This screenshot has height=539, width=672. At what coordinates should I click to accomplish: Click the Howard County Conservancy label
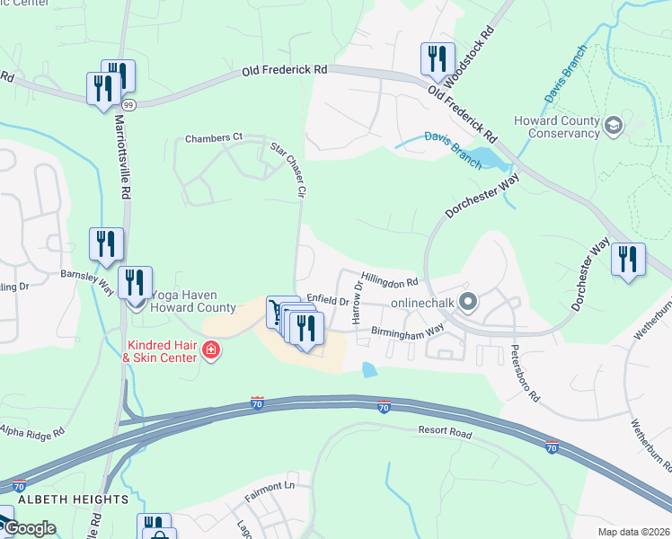coord(556,127)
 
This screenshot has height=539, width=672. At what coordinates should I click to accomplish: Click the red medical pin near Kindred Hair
coord(211,349)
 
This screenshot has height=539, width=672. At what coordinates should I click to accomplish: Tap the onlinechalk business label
coord(420,304)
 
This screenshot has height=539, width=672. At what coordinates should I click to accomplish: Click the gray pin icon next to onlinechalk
coord(467,303)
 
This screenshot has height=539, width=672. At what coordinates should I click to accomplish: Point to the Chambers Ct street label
coord(214,137)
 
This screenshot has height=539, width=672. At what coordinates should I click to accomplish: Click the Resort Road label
coord(445,432)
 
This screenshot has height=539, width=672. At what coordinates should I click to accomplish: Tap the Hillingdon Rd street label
coord(390,279)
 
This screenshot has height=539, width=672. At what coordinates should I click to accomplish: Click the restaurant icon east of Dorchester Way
coord(628,260)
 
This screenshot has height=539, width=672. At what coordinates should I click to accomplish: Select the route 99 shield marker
coord(105,105)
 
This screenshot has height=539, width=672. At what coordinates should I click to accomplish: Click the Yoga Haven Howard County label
coord(193,301)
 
